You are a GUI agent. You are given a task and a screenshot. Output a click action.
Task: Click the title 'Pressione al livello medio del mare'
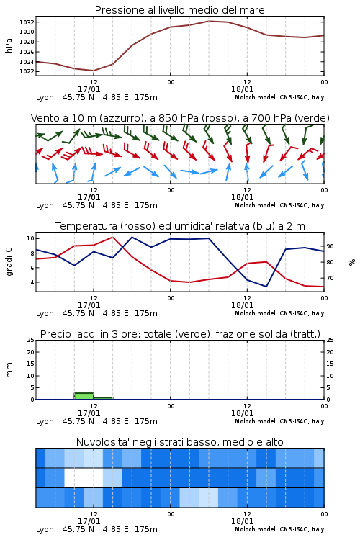[x=179, y=10]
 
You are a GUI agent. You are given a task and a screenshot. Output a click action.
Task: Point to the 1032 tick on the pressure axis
[x=27, y=22]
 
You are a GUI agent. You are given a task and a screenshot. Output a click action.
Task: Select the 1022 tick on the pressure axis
[x=27, y=71]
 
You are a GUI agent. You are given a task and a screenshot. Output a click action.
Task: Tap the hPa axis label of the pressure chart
[x=9, y=45]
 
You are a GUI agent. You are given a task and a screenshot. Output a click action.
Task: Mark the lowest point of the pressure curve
[x=94, y=71]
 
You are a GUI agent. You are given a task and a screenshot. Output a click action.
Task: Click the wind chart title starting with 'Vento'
[x=180, y=118]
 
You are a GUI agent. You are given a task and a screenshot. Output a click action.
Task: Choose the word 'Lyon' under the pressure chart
[x=45, y=97]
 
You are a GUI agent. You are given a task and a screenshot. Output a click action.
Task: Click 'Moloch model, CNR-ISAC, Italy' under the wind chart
[x=279, y=205]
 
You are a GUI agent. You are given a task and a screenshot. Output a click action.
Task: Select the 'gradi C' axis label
[x=9, y=261]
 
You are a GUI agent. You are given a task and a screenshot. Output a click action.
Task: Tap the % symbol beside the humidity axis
[x=352, y=262]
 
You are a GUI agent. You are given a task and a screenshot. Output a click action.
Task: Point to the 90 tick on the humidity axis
[x=330, y=246]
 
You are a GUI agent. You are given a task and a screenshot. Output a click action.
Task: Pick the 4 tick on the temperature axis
[x=32, y=282]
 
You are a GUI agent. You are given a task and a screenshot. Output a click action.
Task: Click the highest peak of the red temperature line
[x=112, y=237]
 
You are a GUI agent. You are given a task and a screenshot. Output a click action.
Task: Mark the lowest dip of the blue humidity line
[x=266, y=286]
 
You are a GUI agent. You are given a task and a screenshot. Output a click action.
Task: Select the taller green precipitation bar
[x=84, y=396]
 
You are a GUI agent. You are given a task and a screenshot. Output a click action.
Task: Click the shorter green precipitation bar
[x=103, y=398]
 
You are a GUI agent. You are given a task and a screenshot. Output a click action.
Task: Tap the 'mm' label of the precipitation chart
[x=9, y=370]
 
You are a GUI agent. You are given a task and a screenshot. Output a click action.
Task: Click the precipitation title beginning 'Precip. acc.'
[x=180, y=334]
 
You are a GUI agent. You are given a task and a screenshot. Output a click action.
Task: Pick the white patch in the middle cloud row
[x=84, y=477]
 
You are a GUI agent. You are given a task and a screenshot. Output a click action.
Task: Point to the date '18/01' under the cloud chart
[x=242, y=521]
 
